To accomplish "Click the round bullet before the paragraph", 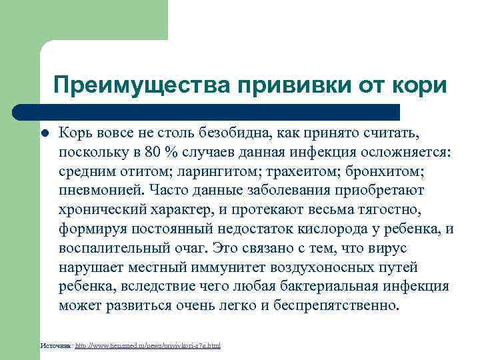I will tap(45, 133).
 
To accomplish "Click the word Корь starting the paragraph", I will tap(75, 133).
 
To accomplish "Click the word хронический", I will tap(100, 209).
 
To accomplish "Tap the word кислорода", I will tap(337, 229).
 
